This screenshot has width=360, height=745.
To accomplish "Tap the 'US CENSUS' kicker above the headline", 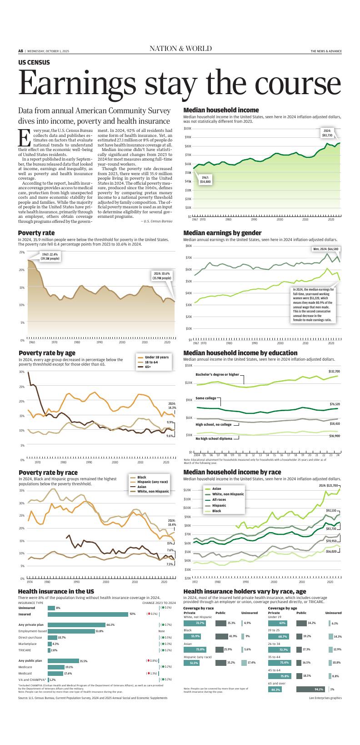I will pos(34,62).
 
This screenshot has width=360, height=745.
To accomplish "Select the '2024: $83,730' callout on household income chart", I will pos(327,133).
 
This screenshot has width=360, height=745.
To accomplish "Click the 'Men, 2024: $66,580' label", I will pos(325,249).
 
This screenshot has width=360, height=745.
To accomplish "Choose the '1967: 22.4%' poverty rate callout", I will pos(50,257).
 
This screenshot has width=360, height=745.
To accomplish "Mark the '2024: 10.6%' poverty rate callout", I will pos(161,276).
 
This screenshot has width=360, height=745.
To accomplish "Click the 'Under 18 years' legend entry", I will pos(156,357).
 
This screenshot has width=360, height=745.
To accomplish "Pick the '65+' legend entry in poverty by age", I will pos(148,366).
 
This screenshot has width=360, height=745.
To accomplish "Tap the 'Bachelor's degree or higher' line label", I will pos(217,374).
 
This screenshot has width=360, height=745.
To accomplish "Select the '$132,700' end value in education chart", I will pos(334,372).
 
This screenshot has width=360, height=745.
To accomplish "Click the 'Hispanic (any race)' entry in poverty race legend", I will pos(152,482).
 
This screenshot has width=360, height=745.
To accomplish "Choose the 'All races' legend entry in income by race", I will pos(219,499).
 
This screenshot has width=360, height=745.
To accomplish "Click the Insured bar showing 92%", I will pos(88,614).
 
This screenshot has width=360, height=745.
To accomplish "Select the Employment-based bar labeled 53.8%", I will pos(71,631).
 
